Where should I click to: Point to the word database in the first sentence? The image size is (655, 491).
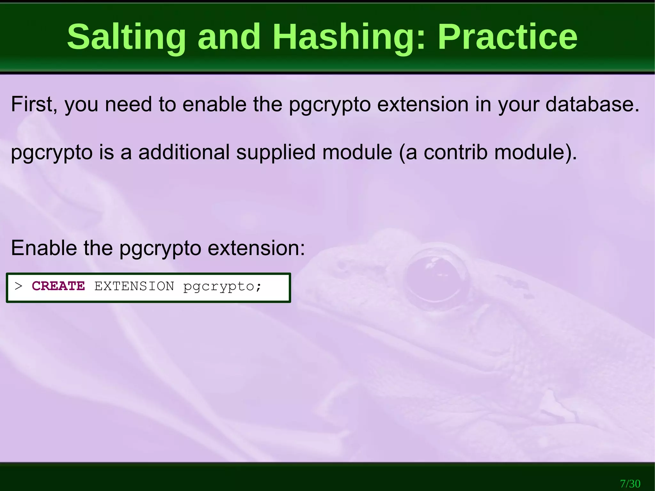click(x=592, y=104)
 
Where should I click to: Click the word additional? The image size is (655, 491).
click(x=184, y=152)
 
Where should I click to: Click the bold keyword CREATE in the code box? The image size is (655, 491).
click(x=58, y=286)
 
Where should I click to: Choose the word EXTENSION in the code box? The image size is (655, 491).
click(x=134, y=286)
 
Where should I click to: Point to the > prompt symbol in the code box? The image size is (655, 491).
click(x=19, y=286)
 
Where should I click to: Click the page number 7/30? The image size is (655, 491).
click(x=630, y=483)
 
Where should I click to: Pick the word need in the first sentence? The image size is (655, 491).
click(x=128, y=104)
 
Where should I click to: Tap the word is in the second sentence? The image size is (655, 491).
click(x=107, y=152)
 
